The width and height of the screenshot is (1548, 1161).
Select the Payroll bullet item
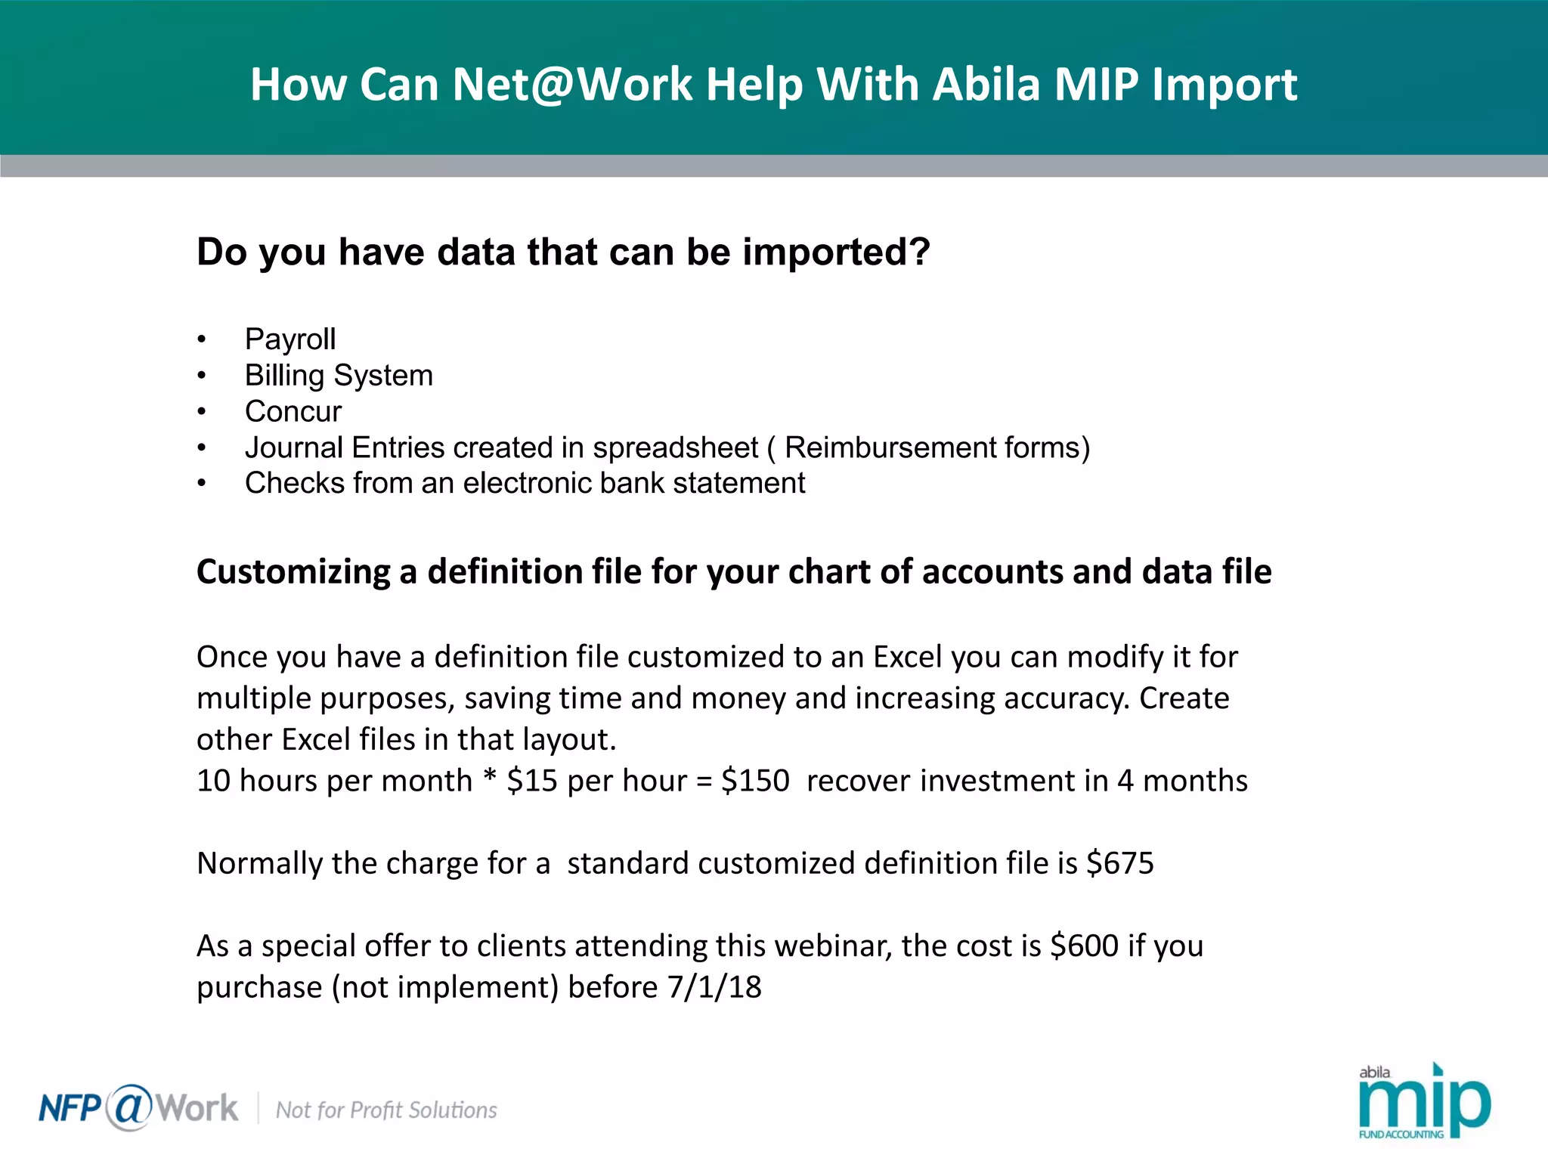point(290,339)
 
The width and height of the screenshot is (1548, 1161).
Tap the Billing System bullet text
point(339,376)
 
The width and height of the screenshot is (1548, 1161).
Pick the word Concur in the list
point(293,412)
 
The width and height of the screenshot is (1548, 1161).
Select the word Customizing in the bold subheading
point(293,572)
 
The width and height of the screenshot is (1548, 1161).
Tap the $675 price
point(1120,863)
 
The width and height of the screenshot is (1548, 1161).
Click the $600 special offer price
point(1085,946)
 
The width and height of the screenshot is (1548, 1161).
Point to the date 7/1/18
point(714,987)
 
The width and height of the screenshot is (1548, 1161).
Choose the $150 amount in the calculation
point(755,781)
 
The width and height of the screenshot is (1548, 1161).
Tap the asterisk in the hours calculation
point(490,777)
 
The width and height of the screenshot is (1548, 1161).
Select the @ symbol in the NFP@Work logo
point(129,1107)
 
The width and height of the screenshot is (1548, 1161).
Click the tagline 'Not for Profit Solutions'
point(386,1110)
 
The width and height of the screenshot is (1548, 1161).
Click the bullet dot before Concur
point(201,413)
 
